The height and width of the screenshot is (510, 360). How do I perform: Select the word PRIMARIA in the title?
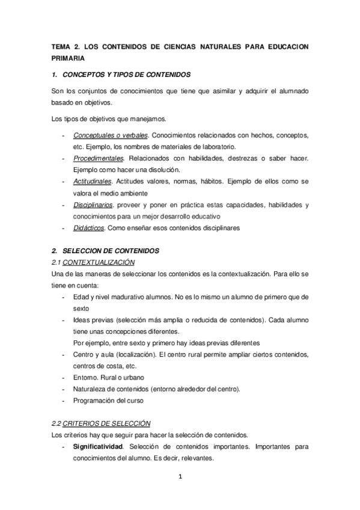[x=66, y=58]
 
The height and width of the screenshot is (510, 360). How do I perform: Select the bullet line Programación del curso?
[x=109, y=400]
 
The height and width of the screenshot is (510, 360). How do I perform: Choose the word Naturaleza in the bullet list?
[x=90, y=389]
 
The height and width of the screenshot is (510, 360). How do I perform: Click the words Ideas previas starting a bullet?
[x=93, y=319]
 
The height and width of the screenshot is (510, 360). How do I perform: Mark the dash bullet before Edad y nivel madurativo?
[x=64, y=296]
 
